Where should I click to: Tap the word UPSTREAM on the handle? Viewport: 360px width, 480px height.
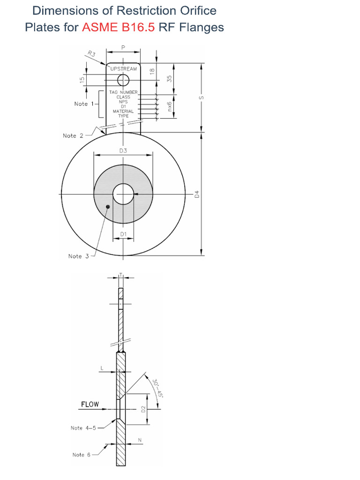click(x=124, y=69)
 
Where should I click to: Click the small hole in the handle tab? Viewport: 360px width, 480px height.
click(x=123, y=80)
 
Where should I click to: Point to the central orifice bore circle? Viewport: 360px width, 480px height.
click(x=123, y=194)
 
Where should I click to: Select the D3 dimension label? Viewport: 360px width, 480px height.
click(x=123, y=150)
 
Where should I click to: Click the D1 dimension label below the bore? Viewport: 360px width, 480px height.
click(x=123, y=233)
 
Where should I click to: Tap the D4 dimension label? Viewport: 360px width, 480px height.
click(x=197, y=194)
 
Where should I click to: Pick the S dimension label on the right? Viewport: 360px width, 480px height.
click(x=202, y=97)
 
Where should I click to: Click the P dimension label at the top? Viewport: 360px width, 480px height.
click(x=123, y=47)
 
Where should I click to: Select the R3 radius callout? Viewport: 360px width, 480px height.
click(x=91, y=55)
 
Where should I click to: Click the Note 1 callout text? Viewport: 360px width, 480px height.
click(x=84, y=104)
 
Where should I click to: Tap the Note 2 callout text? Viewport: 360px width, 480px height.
click(x=73, y=135)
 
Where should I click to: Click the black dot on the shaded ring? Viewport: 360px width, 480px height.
click(x=108, y=206)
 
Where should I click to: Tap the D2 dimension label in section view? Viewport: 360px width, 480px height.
click(x=143, y=409)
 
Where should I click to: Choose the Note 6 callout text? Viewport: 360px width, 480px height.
click(x=82, y=455)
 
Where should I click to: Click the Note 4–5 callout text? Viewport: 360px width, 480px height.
click(x=83, y=428)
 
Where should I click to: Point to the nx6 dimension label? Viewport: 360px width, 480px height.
click(x=170, y=105)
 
